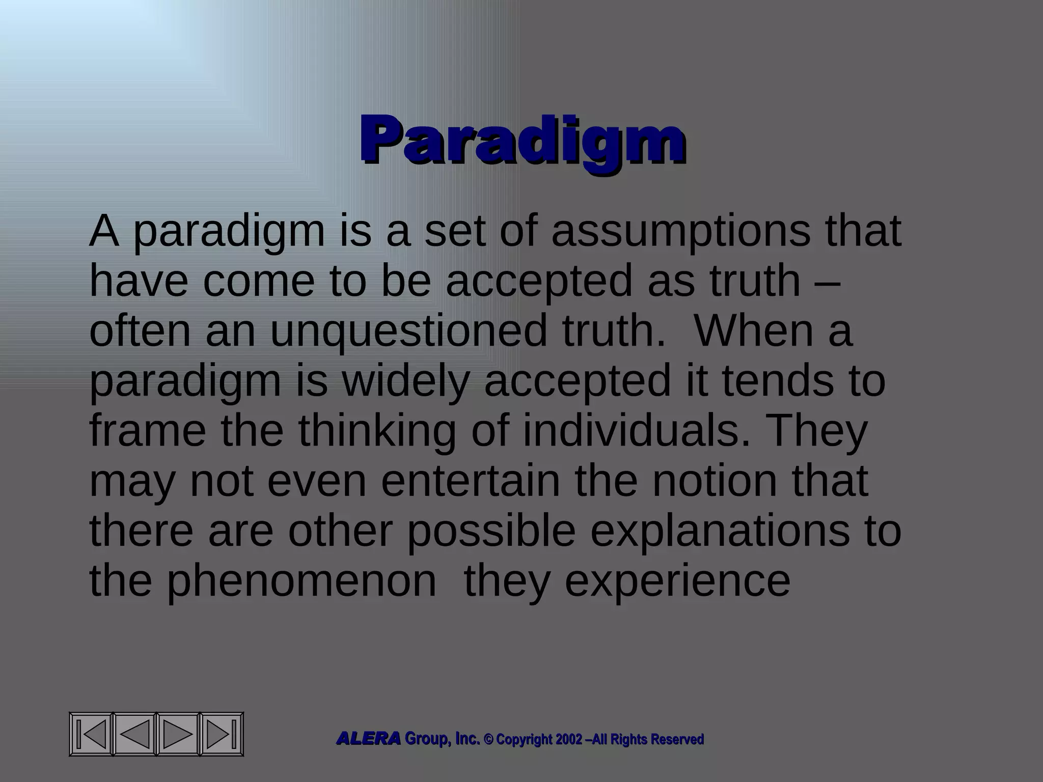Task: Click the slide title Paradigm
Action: click(x=521, y=139)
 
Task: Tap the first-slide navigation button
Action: click(x=92, y=734)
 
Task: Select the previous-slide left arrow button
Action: click(x=134, y=734)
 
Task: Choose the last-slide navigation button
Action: click(x=222, y=734)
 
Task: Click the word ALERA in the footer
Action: click(x=368, y=739)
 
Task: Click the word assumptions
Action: click(x=680, y=232)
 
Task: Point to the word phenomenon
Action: click(x=301, y=581)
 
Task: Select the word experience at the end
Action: click(x=677, y=581)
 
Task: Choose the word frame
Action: click(x=148, y=431)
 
